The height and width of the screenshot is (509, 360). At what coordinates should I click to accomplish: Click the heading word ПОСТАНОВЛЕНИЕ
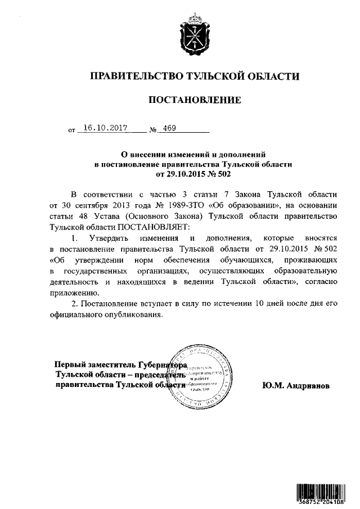point(194,101)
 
